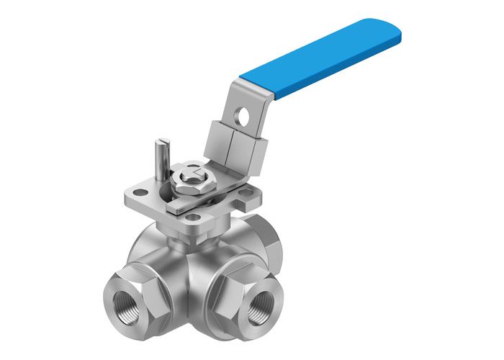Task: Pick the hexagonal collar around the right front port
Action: tap(248, 288)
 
